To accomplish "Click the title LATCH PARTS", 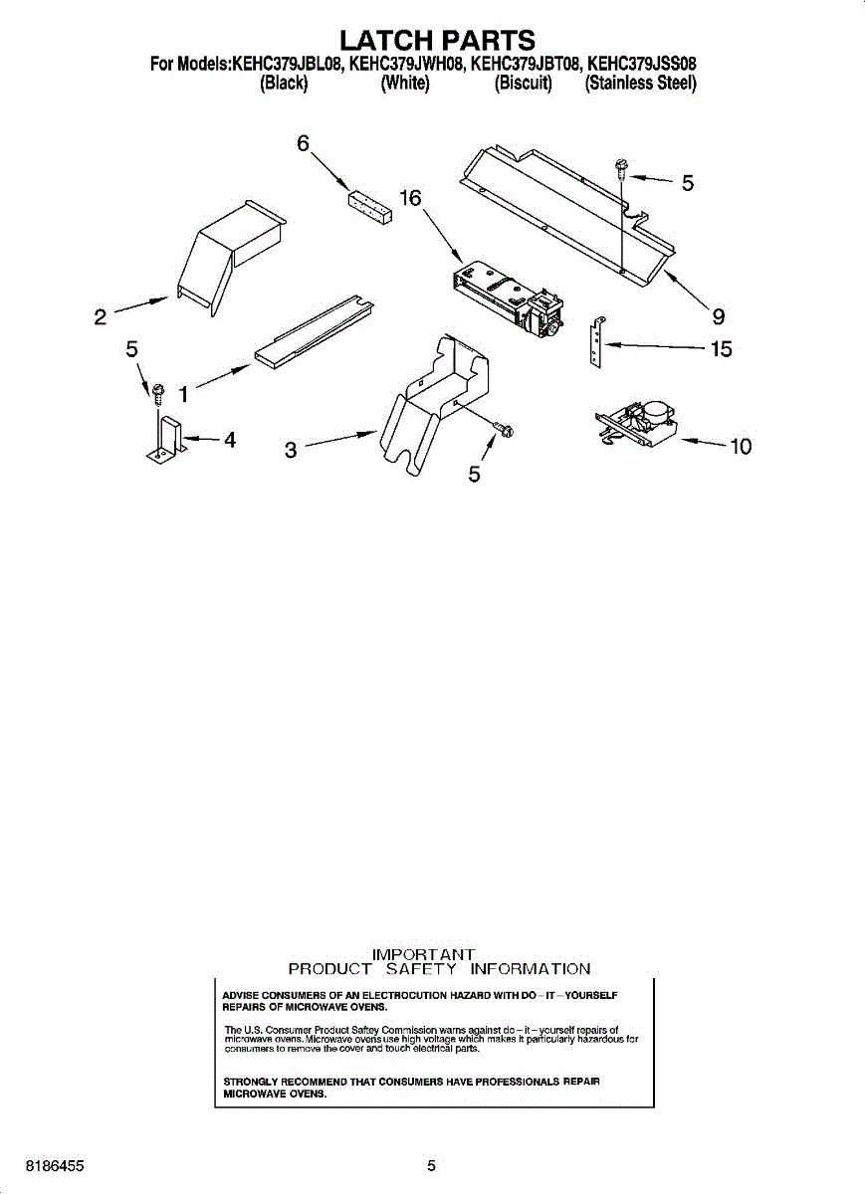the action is point(437,40).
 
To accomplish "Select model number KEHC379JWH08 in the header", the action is point(406,64).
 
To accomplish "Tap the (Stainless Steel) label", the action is point(640,84).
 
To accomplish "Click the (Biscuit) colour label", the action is point(523,84).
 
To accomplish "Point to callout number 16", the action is point(411,198).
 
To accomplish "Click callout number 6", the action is point(303,143).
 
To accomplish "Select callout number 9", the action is point(719,316).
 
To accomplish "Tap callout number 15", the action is point(721,349).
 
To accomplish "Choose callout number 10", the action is point(741,446).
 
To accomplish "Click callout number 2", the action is point(101,317).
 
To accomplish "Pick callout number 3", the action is point(290,451).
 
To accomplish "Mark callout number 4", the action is point(230,440).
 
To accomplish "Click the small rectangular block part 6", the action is point(370,207).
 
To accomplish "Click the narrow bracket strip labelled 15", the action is point(597,342).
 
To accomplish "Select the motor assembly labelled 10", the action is point(636,424).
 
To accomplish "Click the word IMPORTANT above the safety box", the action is point(423,954).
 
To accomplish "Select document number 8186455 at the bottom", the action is point(55,1166).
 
